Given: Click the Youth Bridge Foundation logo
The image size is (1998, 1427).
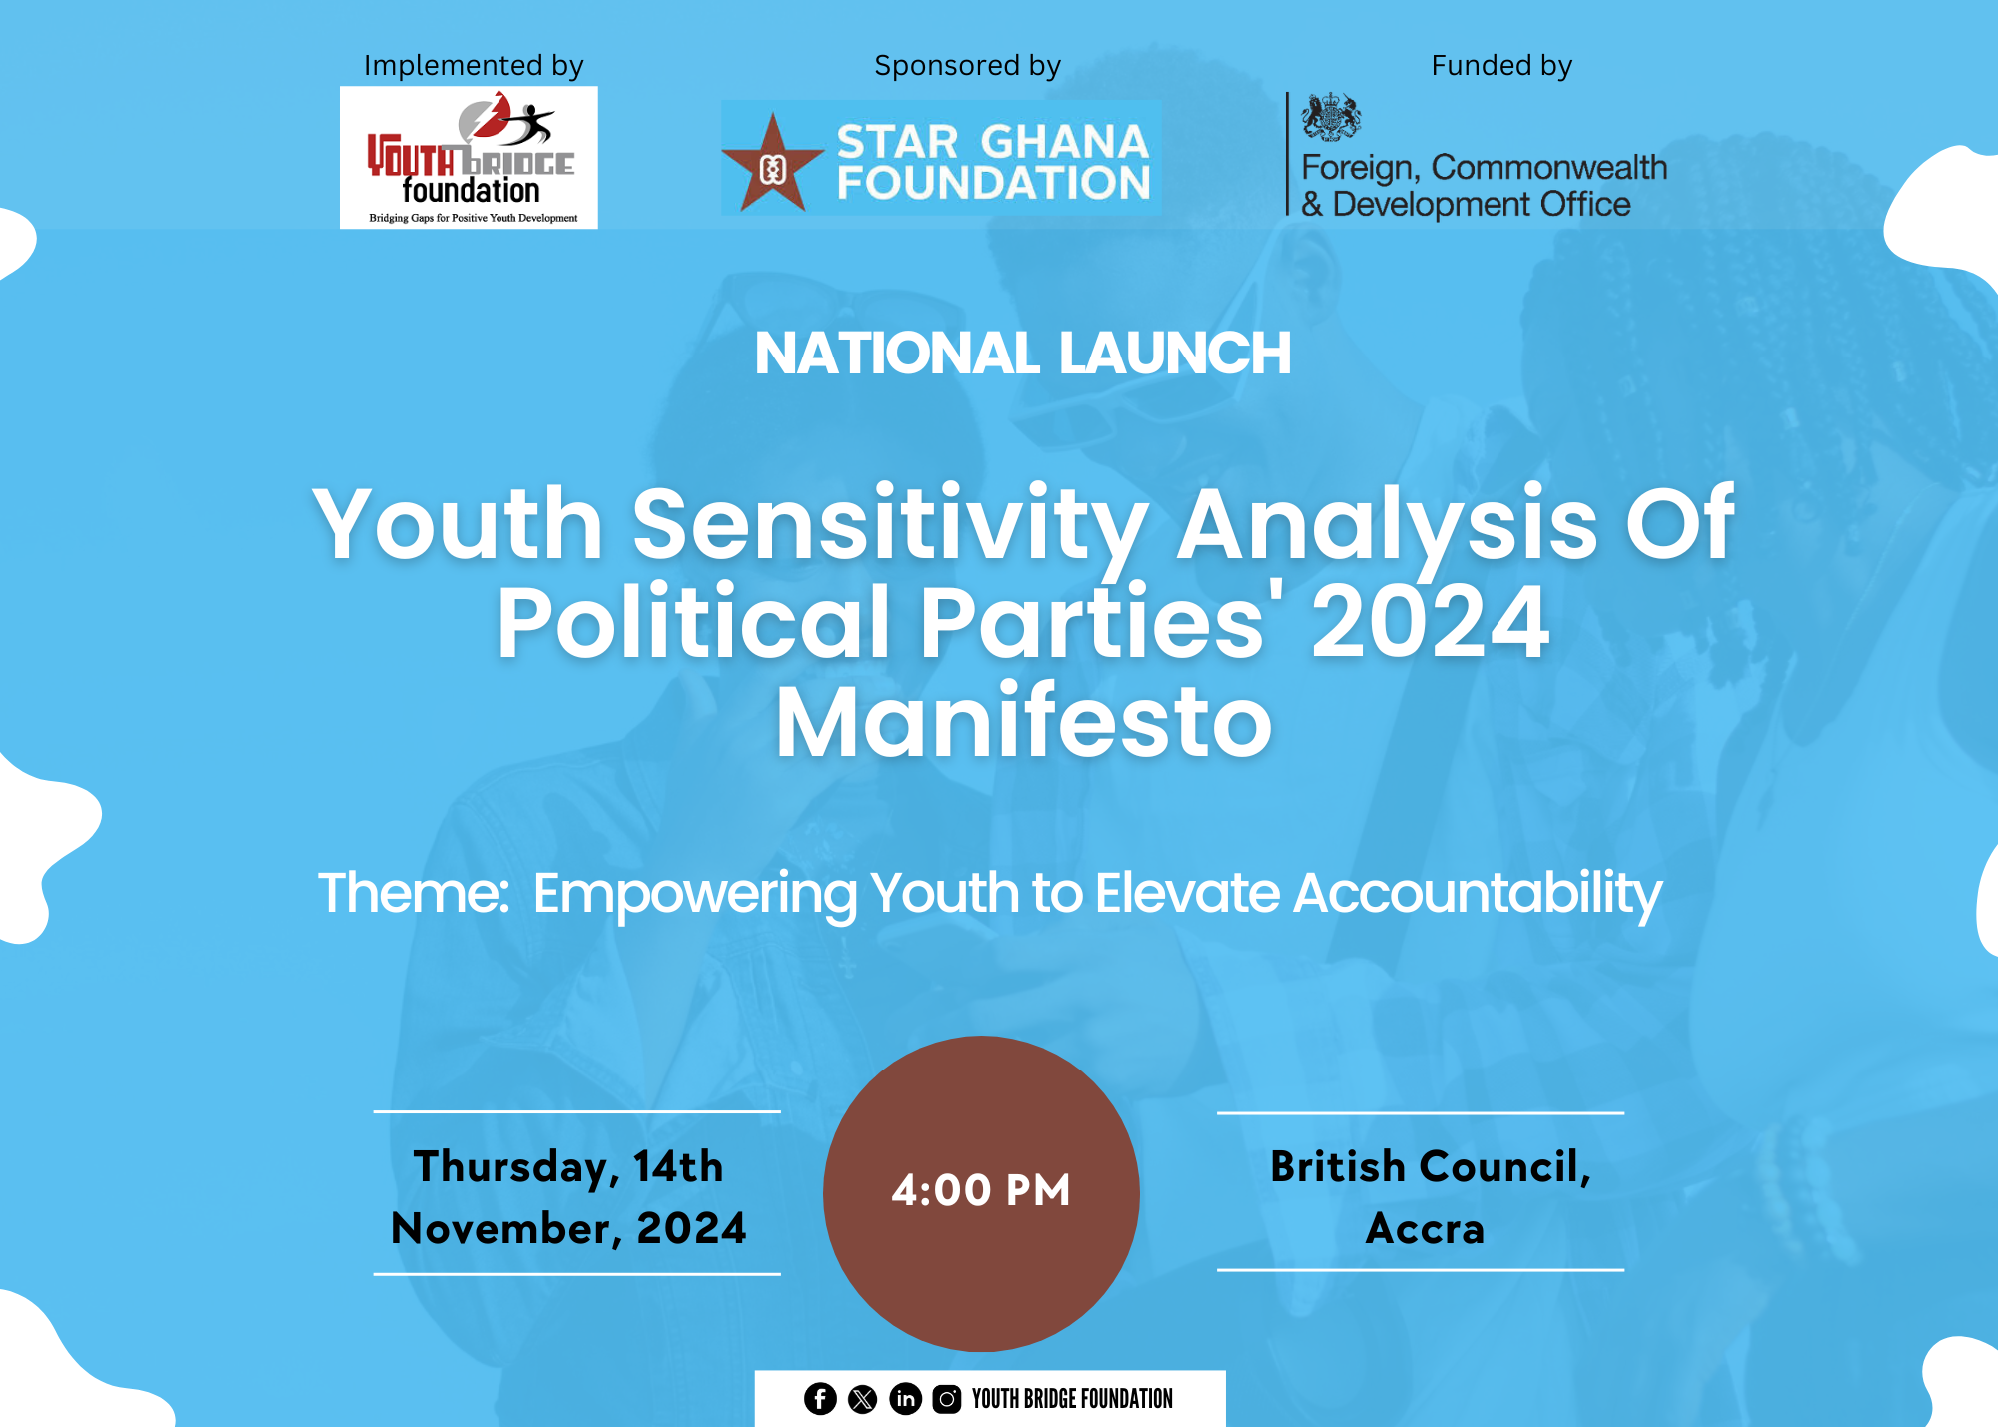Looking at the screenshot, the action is point(469,157).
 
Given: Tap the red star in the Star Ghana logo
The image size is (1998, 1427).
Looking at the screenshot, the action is point(772,164).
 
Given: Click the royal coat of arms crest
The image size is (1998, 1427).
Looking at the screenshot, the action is point(1331,117).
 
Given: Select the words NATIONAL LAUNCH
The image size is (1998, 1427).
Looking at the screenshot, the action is point(1023,354).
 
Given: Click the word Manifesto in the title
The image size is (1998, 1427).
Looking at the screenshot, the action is point(1024,721).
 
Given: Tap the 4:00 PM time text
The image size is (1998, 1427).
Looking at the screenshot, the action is point(981,1190).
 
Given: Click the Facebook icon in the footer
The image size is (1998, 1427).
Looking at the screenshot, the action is point(820,1399).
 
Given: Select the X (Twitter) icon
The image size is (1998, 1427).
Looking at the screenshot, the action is point(863,1399).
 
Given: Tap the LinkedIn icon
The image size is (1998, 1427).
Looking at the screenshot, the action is point(905,1399).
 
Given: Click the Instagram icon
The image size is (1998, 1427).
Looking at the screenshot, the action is point(947,1399).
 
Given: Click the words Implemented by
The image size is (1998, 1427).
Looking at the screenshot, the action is point(474,66).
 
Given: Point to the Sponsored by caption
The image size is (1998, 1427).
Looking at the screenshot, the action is point(967,66).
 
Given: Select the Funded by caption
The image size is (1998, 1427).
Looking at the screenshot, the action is point(1501,66).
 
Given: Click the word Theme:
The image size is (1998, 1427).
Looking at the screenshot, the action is point(414,892).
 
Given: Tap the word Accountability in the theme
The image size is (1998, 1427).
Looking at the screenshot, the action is point(1478,894).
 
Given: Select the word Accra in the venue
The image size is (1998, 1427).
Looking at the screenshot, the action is point(1425,1228).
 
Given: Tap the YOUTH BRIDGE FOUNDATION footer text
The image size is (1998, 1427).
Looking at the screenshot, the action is point(1072,1399).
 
